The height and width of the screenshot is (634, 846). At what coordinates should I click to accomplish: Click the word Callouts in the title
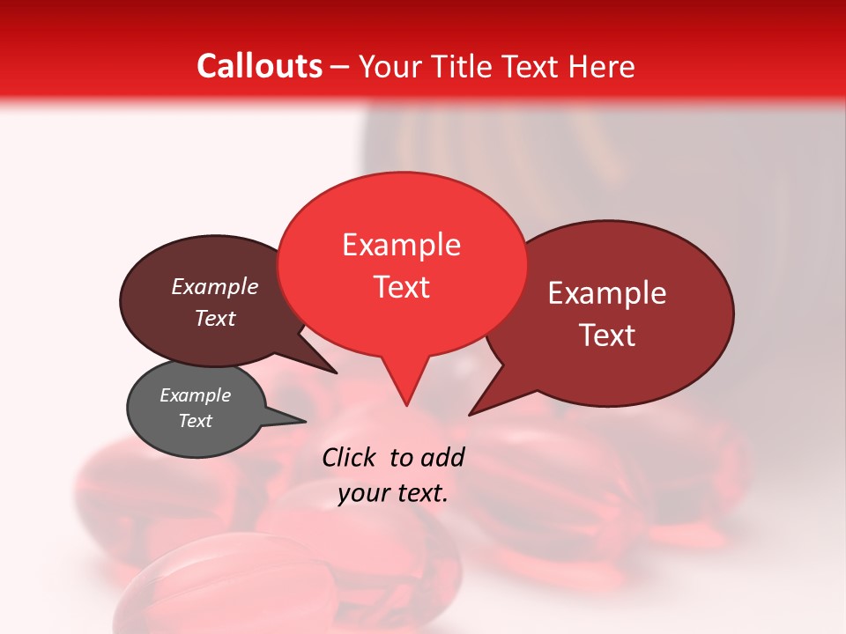[259, 66]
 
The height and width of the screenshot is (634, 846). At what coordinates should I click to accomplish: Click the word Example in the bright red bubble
[401, 245]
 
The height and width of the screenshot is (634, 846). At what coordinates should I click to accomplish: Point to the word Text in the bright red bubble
[401, 287]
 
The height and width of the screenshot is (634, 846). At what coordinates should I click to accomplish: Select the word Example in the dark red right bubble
[607, 293]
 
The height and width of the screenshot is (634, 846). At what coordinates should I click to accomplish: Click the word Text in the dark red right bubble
[607, 335]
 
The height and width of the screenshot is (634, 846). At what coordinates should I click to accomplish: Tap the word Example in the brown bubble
[214, 286]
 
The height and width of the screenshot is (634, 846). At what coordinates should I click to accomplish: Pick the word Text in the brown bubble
[214, 318]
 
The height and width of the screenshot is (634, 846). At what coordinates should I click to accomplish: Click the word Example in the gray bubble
[195, 395]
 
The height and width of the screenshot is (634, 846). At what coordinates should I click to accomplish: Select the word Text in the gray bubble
[195, 421]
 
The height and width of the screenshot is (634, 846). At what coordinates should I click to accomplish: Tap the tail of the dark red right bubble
[481, 405]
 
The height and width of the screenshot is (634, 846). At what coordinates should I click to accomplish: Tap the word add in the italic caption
[442, 457]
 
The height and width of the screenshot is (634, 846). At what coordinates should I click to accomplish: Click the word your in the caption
[361, 494]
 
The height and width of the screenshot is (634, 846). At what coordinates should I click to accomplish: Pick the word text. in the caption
[419, 494]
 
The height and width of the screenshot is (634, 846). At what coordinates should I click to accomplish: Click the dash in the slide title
[340, 67]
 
